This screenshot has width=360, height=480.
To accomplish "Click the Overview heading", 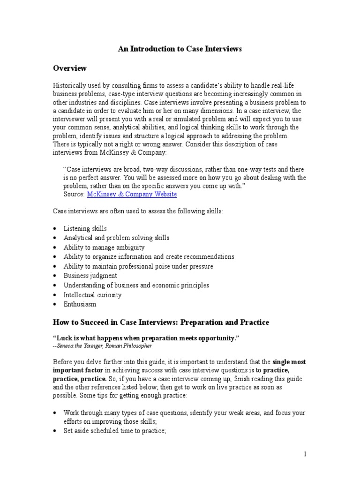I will pos(69,68).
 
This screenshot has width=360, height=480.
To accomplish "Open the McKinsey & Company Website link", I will pos(132,194).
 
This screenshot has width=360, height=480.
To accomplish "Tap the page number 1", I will pos(304,454).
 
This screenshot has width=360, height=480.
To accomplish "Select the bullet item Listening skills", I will pos(85,229).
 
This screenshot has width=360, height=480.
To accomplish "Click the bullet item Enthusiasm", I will pos(80,305).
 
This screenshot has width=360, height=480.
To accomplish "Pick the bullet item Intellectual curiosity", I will pos(92,295).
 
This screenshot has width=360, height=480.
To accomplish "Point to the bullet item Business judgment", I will pos(90,276).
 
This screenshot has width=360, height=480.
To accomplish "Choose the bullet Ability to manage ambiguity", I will pos(104,247).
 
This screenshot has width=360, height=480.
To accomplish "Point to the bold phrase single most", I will pos(289,362).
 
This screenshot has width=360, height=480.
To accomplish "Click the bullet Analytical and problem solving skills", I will pos(116,238).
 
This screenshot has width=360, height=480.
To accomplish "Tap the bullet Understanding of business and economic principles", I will pos(136,285).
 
